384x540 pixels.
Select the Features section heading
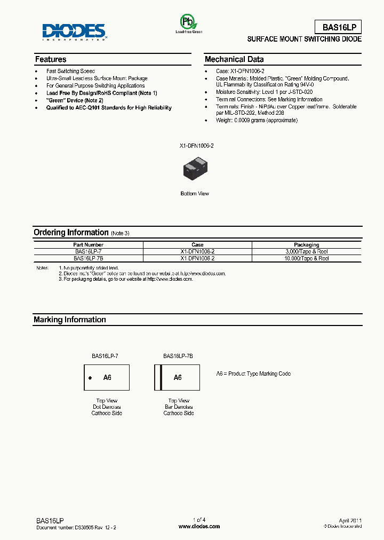(51, 59)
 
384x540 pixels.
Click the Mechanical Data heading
(234, 59)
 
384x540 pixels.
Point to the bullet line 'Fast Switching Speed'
(70, 71)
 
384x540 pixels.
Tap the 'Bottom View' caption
(195, 193)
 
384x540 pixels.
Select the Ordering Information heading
(71, 232)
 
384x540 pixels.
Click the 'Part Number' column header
(89, 245)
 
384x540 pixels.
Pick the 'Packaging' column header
(306, 245)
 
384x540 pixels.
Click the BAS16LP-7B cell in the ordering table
(89, 258)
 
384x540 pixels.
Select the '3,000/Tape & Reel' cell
(306, 251)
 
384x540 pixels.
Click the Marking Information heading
(70, 320)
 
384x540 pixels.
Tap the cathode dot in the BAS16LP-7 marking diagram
(90, 377)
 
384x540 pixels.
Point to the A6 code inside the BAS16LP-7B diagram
(178, 377)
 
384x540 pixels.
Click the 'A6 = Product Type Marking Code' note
(253, 374)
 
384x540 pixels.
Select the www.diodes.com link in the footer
(199, 526)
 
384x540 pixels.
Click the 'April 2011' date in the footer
(350, 520)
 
